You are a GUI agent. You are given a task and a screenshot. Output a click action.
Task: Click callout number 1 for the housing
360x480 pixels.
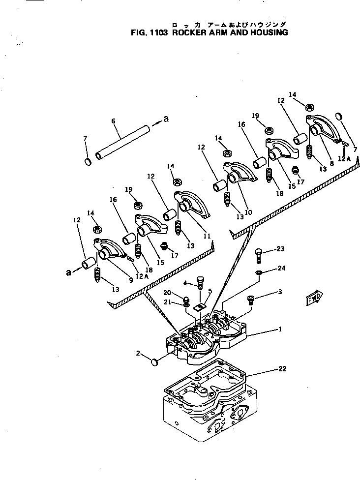point(280,330)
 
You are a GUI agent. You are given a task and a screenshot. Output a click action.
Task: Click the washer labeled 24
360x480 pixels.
point(259,272)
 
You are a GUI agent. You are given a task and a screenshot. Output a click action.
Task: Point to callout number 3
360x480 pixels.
point(280,292)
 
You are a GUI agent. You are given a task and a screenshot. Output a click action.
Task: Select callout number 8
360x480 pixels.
point(331,163)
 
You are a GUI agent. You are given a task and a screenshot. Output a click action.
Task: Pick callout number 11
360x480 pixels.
point(207,236)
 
